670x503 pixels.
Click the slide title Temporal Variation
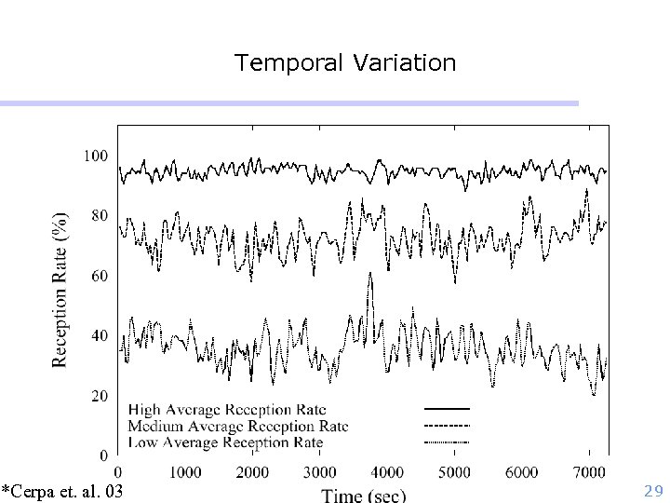tap(345, 62)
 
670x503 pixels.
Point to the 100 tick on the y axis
tap(96, 156)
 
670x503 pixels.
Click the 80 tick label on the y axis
tap(99, 216)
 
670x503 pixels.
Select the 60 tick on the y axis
tap(99, 276)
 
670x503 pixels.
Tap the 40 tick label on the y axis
tap(99, 336)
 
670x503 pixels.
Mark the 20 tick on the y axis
tap(99, 396)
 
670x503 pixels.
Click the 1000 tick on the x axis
tap(184, 472)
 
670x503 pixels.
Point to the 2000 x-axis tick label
tap(252, 472)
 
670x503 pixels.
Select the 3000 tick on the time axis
tap(319, 472)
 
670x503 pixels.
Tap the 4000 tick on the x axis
tap(387, 472)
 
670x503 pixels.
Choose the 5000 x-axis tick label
tap(454, 472)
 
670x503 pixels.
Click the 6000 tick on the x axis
tap(522, 472)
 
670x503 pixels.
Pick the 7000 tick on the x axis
tap(589, 472)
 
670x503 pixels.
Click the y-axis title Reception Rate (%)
tap(60, 289)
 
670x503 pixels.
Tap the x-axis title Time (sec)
tap(364, 495)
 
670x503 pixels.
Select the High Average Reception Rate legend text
tap(226, 409)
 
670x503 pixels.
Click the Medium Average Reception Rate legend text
tap(238, 426)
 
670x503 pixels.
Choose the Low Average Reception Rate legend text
tap(225, 442)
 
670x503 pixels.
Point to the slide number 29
tap(652, 490)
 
